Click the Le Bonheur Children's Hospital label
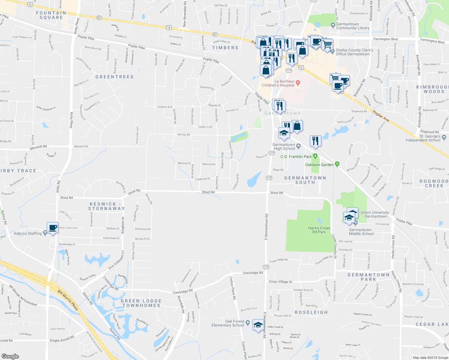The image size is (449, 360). point(278,83)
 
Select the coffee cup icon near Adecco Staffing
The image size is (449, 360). point(53,228)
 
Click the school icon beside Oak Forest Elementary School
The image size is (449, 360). point(258,325)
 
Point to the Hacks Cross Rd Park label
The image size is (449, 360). point(319,230)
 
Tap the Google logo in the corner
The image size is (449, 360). point(10,356)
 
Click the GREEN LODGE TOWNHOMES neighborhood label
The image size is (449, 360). point(141,303)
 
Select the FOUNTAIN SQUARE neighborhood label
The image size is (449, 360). point(51,15)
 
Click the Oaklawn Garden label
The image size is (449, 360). point(319,165)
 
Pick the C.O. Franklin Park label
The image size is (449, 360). point(296,157)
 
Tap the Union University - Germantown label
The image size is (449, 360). point(375,214)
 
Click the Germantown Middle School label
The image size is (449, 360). point(361,232)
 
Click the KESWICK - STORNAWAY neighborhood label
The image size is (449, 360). point(107,206)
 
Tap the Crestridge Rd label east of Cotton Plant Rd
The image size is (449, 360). point(253,273)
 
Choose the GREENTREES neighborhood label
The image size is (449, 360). point(114,77)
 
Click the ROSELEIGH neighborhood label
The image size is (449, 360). point(311,312)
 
